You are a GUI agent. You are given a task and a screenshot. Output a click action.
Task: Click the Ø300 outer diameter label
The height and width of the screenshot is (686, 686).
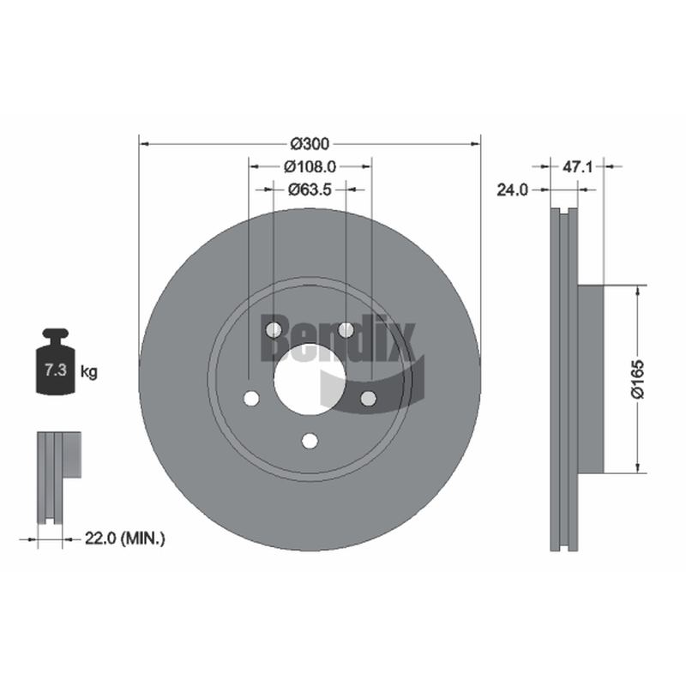(310, 143)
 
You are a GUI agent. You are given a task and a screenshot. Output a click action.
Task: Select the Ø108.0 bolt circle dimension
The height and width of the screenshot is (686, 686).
(310, 166)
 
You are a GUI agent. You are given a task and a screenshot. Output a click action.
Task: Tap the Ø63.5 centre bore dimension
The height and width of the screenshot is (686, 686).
(310, 190)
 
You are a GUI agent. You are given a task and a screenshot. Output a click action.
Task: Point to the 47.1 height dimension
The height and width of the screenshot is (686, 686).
(577, 166)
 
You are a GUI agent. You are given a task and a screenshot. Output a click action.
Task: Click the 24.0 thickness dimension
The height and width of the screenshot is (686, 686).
(512, 190)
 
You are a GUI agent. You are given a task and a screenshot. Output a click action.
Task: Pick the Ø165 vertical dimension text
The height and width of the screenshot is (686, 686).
(638, 379)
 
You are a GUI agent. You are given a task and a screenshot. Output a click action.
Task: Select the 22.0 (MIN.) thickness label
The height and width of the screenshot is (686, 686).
(124, 539)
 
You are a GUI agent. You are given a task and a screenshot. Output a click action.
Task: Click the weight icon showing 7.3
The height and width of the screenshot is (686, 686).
(56, 362)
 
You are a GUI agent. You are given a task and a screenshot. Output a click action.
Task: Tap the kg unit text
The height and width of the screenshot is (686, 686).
(89, 372)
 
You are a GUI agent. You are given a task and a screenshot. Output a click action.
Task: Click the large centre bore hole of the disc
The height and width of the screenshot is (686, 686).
(310, 380)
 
